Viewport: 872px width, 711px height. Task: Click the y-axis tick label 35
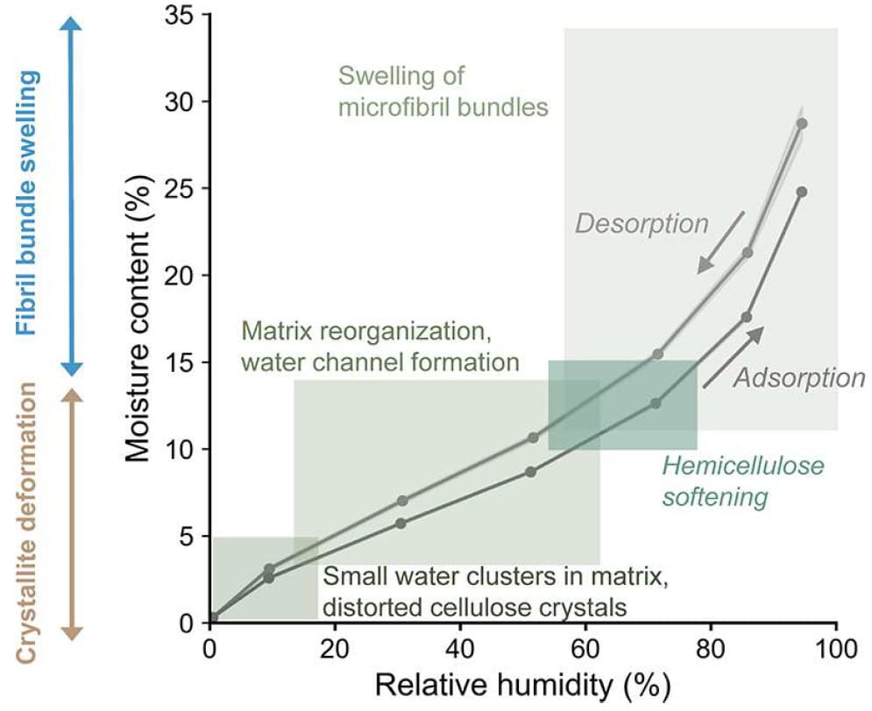[182, 15]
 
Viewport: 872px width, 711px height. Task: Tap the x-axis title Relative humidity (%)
[522, 686]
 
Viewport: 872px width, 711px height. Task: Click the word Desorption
[641, 224]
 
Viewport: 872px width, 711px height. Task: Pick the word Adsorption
[798, 378]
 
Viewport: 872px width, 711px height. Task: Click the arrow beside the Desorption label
[721, 241]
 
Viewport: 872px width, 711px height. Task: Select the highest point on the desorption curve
[801, 123]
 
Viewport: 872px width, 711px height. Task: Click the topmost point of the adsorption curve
[801, 191]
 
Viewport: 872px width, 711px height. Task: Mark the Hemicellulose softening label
[743, 481]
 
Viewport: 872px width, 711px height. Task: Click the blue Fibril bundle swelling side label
[30, 203]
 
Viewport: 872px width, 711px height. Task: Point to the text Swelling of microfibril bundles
[443, 92]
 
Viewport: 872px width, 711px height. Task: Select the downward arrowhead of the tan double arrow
[74, 632]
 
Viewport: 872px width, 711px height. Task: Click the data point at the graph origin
[212, 617]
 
